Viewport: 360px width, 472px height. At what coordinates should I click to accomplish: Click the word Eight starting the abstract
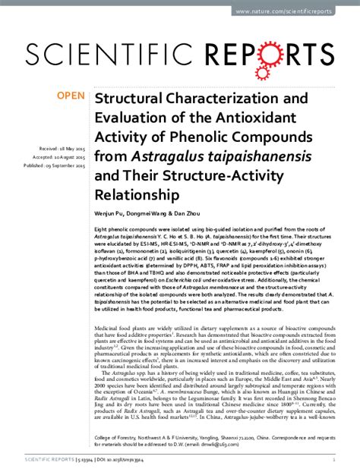coord(100,228)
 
